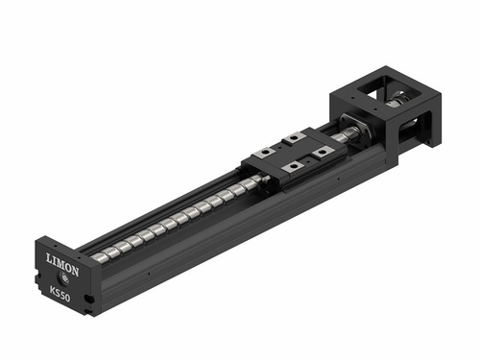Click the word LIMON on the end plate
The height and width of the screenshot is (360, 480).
point(62,264)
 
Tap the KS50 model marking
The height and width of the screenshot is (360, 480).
point(60,294)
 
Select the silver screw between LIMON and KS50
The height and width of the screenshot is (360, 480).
point(64,277)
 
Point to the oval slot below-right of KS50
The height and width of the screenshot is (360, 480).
point(88,300)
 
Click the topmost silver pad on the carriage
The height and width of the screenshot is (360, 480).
point(294,139)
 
